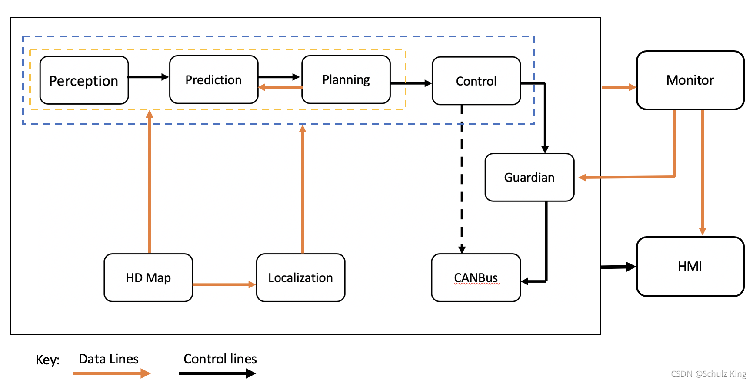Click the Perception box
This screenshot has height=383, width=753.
(x=84, y=80)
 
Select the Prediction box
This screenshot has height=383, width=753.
(x=213, y=79)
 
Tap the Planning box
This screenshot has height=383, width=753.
(x=346, y=79)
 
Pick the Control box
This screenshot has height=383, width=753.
(x=476, y=81)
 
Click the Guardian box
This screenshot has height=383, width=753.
(x=530, y=177)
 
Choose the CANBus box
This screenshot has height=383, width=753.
(x=476, y=277)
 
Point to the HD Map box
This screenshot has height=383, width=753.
(x=148, y=277)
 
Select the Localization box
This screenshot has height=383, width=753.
(x=301, y=277)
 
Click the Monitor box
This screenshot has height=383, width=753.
(x=690, y=80)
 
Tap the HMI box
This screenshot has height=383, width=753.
(x=690, y=267)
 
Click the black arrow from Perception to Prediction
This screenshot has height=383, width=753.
(x=148, y=77)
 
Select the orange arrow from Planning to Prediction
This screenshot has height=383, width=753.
(x=280, y=87)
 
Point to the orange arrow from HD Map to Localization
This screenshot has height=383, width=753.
(x=224, y=284)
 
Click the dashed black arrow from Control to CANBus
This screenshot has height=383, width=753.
(x=462, y=179)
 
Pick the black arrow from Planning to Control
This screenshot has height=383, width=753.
(x=411, y=83)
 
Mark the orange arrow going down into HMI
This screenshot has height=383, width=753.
(x=702, y=172)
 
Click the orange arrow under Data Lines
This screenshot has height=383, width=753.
(x=112, y=373)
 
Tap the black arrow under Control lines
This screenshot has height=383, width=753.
(x=217, y=373)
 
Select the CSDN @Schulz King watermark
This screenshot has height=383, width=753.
(x=709, y=374)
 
